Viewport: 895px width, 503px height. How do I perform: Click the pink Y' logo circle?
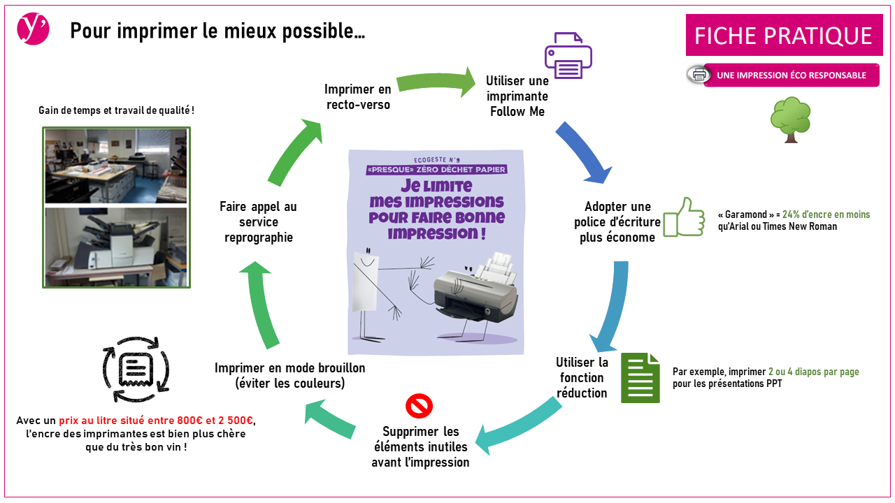pyautogui.click(x=33, y=29)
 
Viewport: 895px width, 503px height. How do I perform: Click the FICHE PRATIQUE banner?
pyautogui.click(x=783, y=36)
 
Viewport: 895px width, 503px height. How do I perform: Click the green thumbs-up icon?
pyautogui.click(x=683, y=217)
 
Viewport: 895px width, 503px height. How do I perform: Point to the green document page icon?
pyautogui.click(x=640, y=378)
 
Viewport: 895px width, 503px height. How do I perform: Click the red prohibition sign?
pyautogui.click(x=420, y=405)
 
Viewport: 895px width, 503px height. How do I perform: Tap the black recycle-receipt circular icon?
pyautogui.click(x=136, y=370)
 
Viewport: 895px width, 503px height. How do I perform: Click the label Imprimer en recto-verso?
pyautogui.click(x=358, y=97)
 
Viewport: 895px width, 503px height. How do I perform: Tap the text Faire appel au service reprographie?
pyautogui.click(x=258, y=222)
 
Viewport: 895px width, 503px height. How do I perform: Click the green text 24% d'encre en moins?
pyautogui.click(x=826, y=215)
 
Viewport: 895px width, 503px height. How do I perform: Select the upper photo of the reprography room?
pyautogui.click(x=116, y=166)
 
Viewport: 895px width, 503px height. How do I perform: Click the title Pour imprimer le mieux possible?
pyautogui.click(x=217, y=31)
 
